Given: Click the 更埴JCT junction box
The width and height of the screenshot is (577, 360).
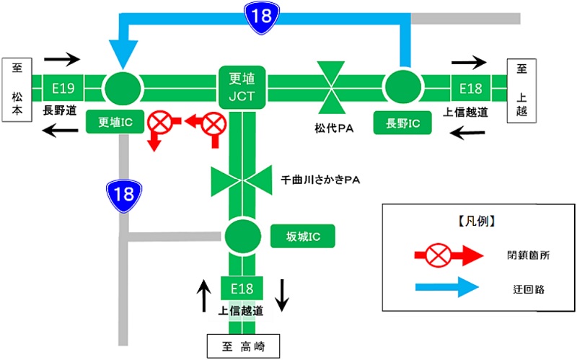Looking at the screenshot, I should click(x=242, y=87).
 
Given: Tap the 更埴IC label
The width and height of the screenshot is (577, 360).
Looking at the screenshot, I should click(x=115, y=121).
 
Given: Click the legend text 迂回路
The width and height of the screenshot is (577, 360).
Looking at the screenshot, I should click(x=521, y=289).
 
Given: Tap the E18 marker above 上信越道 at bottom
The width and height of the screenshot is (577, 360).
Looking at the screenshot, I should click(x=242, y=289).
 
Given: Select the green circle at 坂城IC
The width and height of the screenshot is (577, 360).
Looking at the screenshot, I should click(x=242, y=235).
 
